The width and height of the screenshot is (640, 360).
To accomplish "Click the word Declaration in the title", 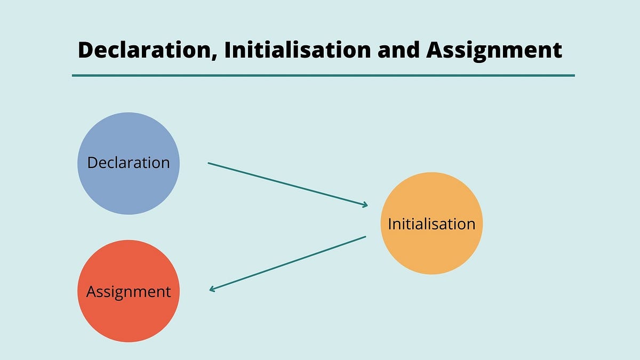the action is (x=145, y=50).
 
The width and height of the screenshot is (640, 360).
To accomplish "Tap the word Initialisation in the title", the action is (x=298, y=50).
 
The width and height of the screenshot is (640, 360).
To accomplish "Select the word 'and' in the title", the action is (x=398, y=50).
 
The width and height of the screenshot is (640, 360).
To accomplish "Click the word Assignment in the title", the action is (x=494, y=51).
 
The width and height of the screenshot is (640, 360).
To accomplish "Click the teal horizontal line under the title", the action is (x=323, y=75).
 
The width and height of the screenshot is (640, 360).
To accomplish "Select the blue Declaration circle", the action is (x=129, y=163).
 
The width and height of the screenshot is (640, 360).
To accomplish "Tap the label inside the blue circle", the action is (x=129, y=163).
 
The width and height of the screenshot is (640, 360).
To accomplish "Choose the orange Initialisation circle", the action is (x=431, y=223).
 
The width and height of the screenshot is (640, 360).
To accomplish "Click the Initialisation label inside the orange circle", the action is (x=431, y=223).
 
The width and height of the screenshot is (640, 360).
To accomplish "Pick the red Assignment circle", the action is (x=129, y=291).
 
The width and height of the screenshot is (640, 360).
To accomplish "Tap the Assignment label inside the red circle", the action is (x=129, y=292).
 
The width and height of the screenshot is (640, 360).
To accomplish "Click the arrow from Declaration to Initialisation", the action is (x=287, y=185).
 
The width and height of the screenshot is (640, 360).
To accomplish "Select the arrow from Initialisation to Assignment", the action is (x=287, y=263).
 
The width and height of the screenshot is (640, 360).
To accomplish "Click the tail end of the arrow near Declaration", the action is (x=209, y=163).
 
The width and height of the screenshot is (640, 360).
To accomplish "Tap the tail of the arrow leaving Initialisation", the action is (x=366, y=236).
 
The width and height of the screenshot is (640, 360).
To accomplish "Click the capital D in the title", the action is (x=86, y=50).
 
